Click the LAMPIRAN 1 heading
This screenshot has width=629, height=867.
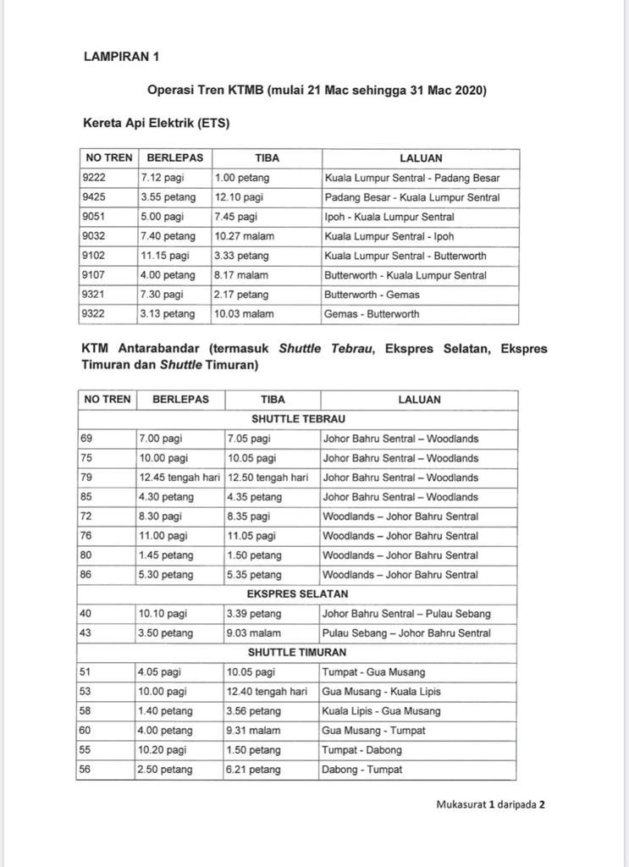(121, 57)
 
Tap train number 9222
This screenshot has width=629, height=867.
(95, 178)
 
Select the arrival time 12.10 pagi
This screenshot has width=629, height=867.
(239, 197)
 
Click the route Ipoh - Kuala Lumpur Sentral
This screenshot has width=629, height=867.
(389, 217)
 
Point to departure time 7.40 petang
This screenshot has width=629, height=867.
(168, 236)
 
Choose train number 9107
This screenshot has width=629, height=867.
(95, 275)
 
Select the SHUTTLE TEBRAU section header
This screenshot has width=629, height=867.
(298, 419)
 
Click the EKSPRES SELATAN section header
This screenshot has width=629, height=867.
(298, 594)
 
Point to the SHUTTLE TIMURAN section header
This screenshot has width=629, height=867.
(298, 653)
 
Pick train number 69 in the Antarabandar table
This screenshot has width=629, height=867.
(87, 439)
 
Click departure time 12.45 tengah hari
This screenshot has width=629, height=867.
(179, 478)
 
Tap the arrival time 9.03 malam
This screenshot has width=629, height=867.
(252, 633)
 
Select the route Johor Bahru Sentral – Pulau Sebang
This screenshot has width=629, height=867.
(406, 614)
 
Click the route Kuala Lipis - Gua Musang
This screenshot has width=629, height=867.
(393, 711)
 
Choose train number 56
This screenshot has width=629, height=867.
(87, 770)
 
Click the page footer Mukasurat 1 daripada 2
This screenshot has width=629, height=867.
(490, 805)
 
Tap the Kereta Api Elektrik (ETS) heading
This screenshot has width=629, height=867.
(157, 123)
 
